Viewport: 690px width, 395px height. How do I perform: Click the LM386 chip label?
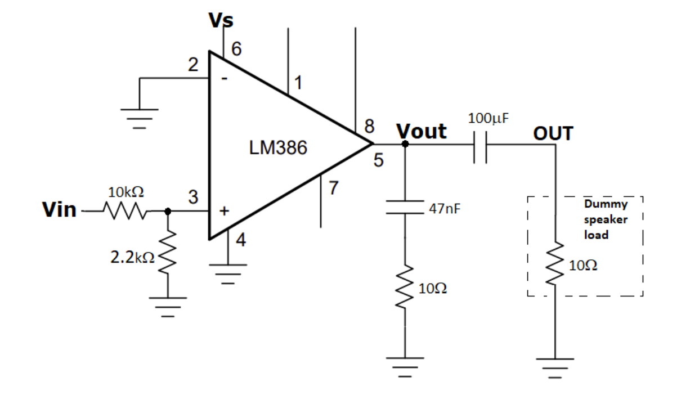coord(278,149)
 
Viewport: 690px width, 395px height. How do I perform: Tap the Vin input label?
coord(59,210)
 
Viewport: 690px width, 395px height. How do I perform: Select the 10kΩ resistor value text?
coord(126,192)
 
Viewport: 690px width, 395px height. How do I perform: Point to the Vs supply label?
coord(221,21)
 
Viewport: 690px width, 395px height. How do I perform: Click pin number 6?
coord(237,50)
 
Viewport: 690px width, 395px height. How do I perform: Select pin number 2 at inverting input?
coord(193,65)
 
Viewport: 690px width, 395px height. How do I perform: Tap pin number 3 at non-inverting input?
coord(193,197)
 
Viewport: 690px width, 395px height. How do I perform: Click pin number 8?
coord(369,125)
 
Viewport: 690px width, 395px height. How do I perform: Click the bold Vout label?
coord(422,131)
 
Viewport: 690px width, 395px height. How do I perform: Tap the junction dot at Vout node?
coord(405,144)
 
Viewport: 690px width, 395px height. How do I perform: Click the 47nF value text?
coord(444,209)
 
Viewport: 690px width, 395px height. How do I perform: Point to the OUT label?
coord(553,134)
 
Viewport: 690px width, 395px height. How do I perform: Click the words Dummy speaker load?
coord(605,219)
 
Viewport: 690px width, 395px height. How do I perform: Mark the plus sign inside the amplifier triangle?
coord(225,212)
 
